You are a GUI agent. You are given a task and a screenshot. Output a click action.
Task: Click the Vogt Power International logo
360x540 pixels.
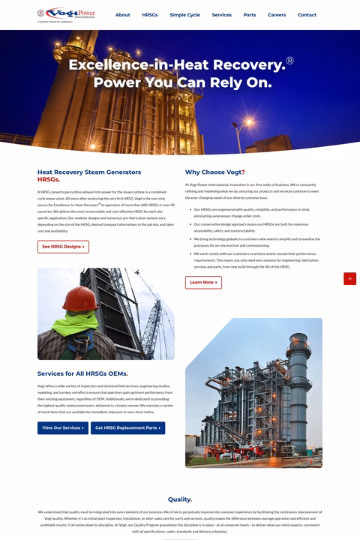click(67, 14)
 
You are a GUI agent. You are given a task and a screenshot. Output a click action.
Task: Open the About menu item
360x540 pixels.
click(123, 15)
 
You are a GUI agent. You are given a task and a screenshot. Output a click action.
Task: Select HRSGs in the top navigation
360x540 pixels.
click(150, 15)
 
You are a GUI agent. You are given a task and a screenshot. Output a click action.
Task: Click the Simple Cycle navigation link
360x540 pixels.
click(184, 15)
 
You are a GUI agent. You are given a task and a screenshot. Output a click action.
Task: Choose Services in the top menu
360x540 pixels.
click(222, 15)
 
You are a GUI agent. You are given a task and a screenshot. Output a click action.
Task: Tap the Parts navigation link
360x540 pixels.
click(250, 15)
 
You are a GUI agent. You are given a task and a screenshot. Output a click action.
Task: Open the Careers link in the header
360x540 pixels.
click(277, 15)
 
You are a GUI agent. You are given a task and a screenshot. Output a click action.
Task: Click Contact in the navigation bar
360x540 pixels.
click(307, 15)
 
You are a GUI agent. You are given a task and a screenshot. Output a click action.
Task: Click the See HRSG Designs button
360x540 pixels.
click(63, 247)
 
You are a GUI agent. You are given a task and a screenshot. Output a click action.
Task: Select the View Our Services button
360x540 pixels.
click(63, 428)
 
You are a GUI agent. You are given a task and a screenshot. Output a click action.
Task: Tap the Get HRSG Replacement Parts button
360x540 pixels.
click(127, 428)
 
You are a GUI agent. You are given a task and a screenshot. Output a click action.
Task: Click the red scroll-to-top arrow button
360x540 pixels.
click(349, 279)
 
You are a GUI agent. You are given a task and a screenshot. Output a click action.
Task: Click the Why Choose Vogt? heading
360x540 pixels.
click(215, 172)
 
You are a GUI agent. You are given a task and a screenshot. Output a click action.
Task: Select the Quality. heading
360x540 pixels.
click(180, 499)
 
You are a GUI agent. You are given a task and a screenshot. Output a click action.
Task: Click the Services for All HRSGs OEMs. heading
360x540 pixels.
click(82, 373)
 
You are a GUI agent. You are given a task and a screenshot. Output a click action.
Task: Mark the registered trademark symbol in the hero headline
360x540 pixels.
click(289, 60)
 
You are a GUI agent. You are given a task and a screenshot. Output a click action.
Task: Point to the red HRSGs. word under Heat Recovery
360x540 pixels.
click(49, 180)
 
